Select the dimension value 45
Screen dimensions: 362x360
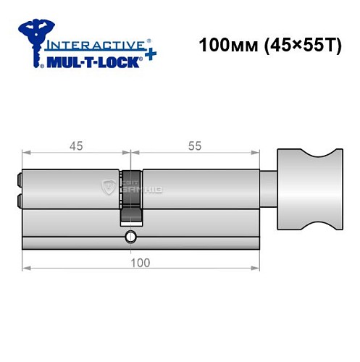click(76, 145)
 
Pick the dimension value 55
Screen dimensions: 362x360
click(194, 145)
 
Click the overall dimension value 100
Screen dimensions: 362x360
click(141, 262)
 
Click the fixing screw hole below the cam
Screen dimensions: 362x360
click(130, 236)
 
